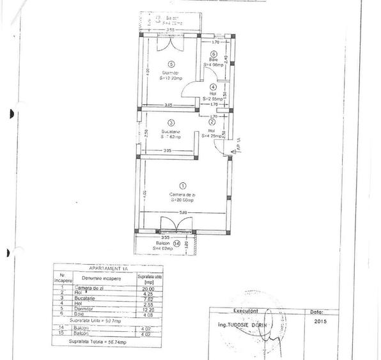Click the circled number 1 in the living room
183,185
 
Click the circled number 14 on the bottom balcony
176,243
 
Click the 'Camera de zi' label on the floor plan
182,194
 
